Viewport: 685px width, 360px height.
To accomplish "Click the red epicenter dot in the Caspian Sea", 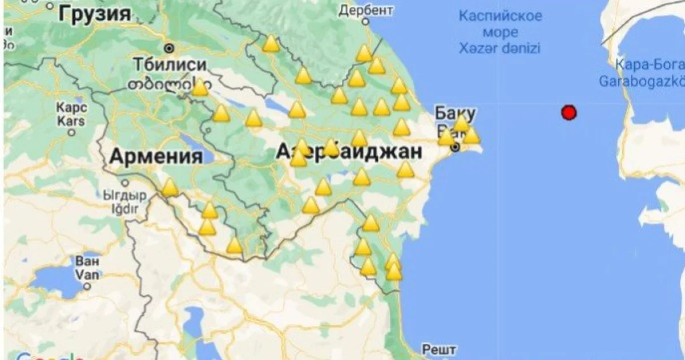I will tap(568, 112).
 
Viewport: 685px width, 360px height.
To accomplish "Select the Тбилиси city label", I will tap(170, 64).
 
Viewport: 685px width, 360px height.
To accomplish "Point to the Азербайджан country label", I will tap(349, 151).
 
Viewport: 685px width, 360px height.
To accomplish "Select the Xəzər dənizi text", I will tap(499, 48).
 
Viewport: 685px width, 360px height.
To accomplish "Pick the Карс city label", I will tap(71, 107).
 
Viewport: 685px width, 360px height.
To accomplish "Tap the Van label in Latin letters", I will tap(87, 274).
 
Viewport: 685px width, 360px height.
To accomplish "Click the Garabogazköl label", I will tap(641, 81).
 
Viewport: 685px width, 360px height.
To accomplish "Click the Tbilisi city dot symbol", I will tap(169, 48).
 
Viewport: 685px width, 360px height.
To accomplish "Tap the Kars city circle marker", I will tap(71, 132).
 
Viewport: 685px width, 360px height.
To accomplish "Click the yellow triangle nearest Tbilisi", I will tap(199, 88).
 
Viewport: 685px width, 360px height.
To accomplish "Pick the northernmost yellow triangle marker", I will tap(271, 43).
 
